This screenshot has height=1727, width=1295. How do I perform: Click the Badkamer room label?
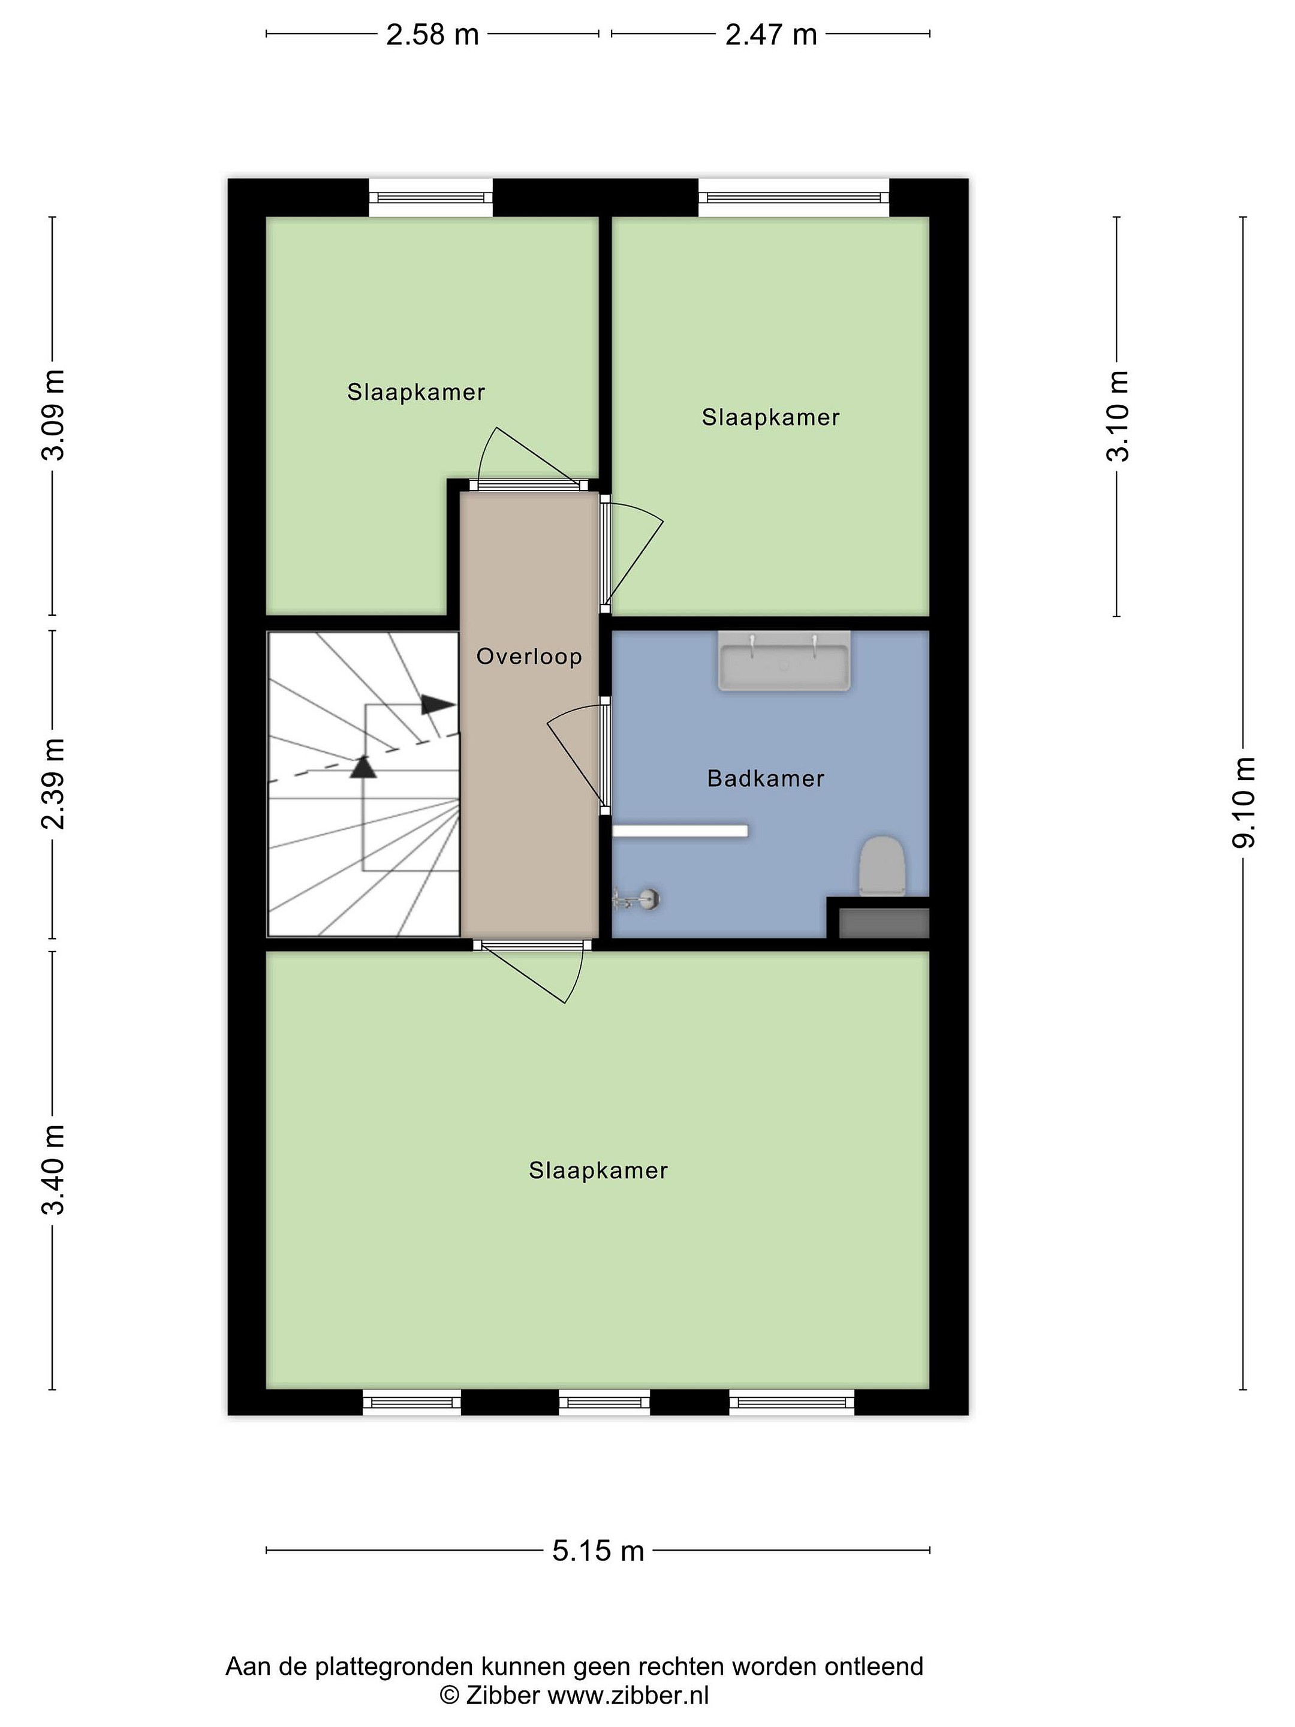coord(765,778)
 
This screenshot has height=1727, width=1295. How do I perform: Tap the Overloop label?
coord(529,657)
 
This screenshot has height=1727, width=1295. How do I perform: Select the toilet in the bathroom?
coord(882,866)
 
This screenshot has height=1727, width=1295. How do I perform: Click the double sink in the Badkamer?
coord(784,661)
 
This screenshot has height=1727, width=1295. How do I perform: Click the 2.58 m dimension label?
coord(432,34)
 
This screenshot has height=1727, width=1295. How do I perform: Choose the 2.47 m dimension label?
coord(770,34)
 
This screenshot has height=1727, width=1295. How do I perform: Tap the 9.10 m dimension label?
coord(1243,802)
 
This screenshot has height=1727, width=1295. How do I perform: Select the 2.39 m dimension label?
coord(53,784)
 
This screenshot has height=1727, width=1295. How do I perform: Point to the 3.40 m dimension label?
coord(53,1171)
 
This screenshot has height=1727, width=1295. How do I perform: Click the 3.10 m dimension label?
coord(1117,416)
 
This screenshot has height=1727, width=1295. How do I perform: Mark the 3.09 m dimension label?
coord(53,416)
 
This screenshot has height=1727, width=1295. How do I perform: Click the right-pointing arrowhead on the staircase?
coord(438,704)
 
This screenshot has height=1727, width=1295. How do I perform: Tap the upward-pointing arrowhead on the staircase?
coord(363,767)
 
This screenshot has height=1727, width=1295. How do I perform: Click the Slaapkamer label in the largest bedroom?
coord(598,1171)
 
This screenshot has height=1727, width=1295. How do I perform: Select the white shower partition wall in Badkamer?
coord(680,831)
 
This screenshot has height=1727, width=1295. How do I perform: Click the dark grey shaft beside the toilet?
coord(884,923)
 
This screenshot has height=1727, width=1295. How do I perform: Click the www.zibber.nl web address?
coord(628,1695)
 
